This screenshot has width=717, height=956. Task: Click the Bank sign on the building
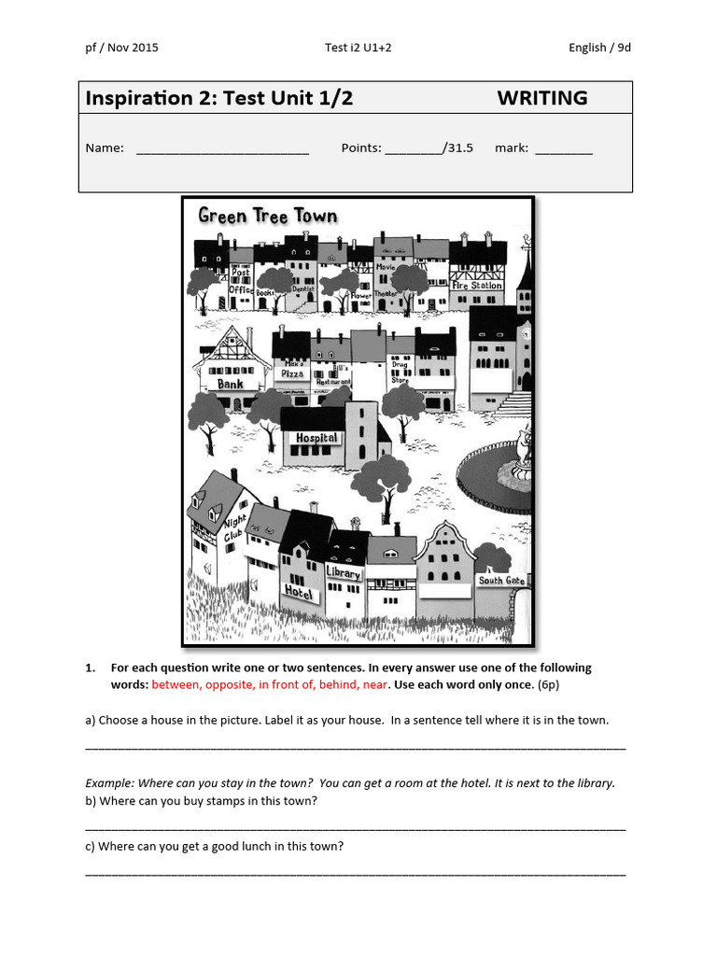[x=231, y=384]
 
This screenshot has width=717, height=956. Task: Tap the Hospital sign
[x=316, y=438]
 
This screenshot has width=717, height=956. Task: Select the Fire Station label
[x=477, y=284]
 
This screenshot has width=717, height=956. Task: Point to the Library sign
[x=343, y=572]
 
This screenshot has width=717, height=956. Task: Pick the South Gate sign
[x=501, y=581]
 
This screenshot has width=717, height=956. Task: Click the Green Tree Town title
[x=268, y=216]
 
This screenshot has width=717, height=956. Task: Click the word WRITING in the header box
[x=541, y=98]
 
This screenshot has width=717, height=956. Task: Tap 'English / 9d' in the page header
[x=599, y=48]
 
